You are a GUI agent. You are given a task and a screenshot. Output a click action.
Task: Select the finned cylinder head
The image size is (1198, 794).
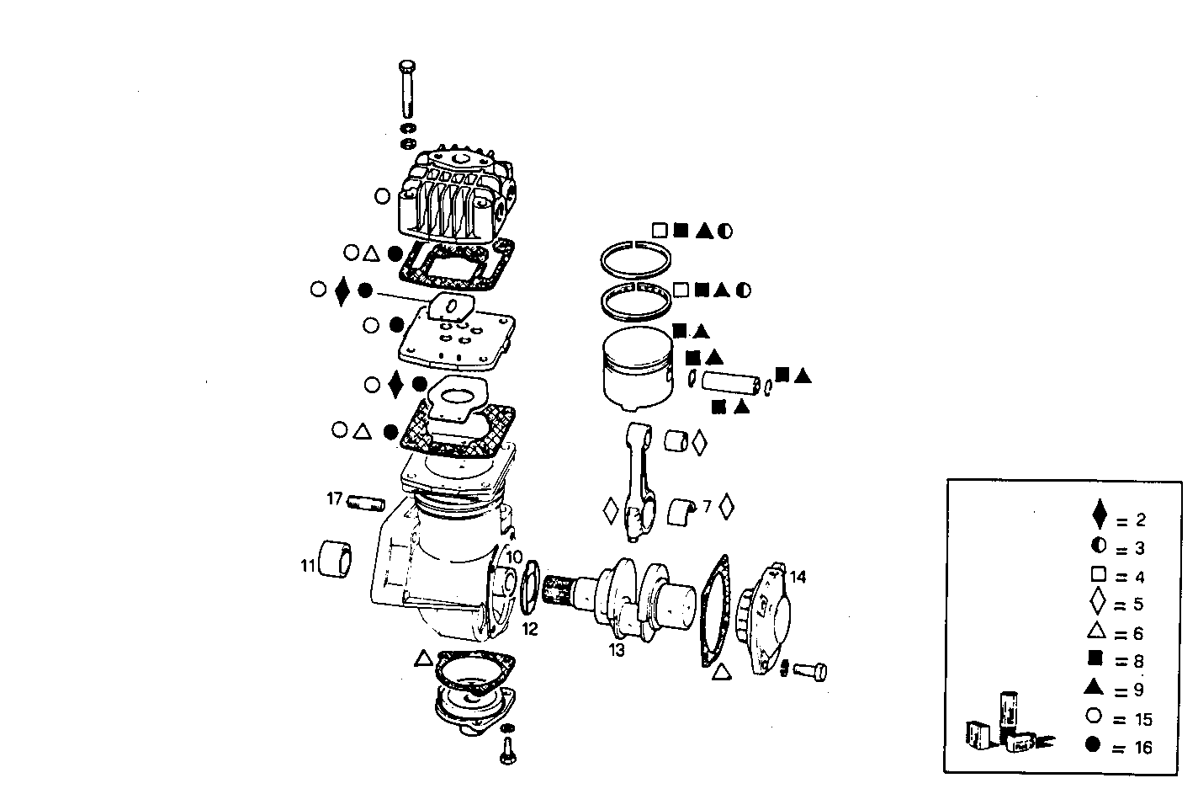pos(454,196)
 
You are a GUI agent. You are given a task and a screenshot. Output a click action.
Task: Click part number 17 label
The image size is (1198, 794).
pos(334,499)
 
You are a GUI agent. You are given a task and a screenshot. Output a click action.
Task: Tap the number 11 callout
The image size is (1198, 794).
pos(309,566)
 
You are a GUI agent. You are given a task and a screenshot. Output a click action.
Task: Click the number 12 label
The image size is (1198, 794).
pos(529,628)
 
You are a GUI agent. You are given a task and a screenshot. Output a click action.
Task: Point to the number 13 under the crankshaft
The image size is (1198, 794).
pos(617,650)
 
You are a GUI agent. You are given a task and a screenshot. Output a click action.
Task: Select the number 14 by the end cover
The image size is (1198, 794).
pos(798,577)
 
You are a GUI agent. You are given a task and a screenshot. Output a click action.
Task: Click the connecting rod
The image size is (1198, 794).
pos(639,484)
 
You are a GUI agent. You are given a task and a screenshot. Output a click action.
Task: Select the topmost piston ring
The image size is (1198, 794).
pos(636,256)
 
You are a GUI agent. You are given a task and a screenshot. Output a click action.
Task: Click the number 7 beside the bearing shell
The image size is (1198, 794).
pos(707,507)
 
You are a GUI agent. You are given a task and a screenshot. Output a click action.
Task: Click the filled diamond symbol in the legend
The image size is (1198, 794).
pos(1098,514)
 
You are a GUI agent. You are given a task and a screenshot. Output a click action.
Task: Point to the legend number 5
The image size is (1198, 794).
pos(1137,605)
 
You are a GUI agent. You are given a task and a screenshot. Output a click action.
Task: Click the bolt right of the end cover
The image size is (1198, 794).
pos(811,671)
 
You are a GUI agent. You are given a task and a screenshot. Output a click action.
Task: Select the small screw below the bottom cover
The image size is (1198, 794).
pos(506,749)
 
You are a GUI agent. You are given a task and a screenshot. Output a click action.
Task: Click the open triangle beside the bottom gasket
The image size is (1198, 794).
pos(423,658)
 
